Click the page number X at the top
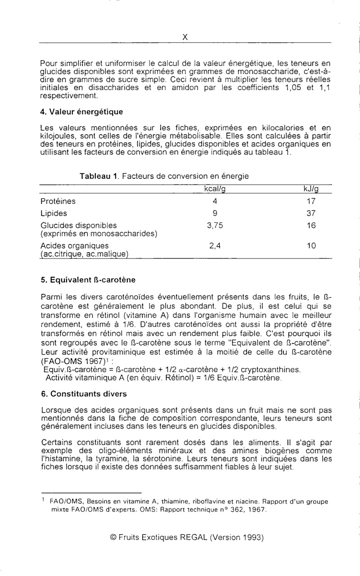pos(184,38)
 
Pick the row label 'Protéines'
pos(58,201)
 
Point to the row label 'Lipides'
pos(54,213)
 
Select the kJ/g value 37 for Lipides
pos(311,213)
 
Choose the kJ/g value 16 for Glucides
pos(311,226)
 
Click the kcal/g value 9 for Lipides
pos(215,213)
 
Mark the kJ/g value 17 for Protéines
pos(311,201)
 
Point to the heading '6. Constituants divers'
pos(84,394)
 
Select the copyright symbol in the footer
pos(113,537)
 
